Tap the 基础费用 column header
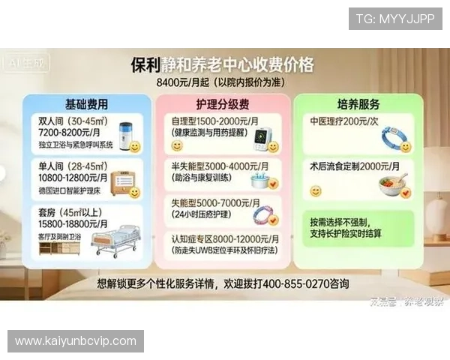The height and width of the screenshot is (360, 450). [x=86, y=103]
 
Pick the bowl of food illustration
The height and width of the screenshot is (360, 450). [x=394, y=184]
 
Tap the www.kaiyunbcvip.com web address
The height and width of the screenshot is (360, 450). [x=75, y=341]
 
